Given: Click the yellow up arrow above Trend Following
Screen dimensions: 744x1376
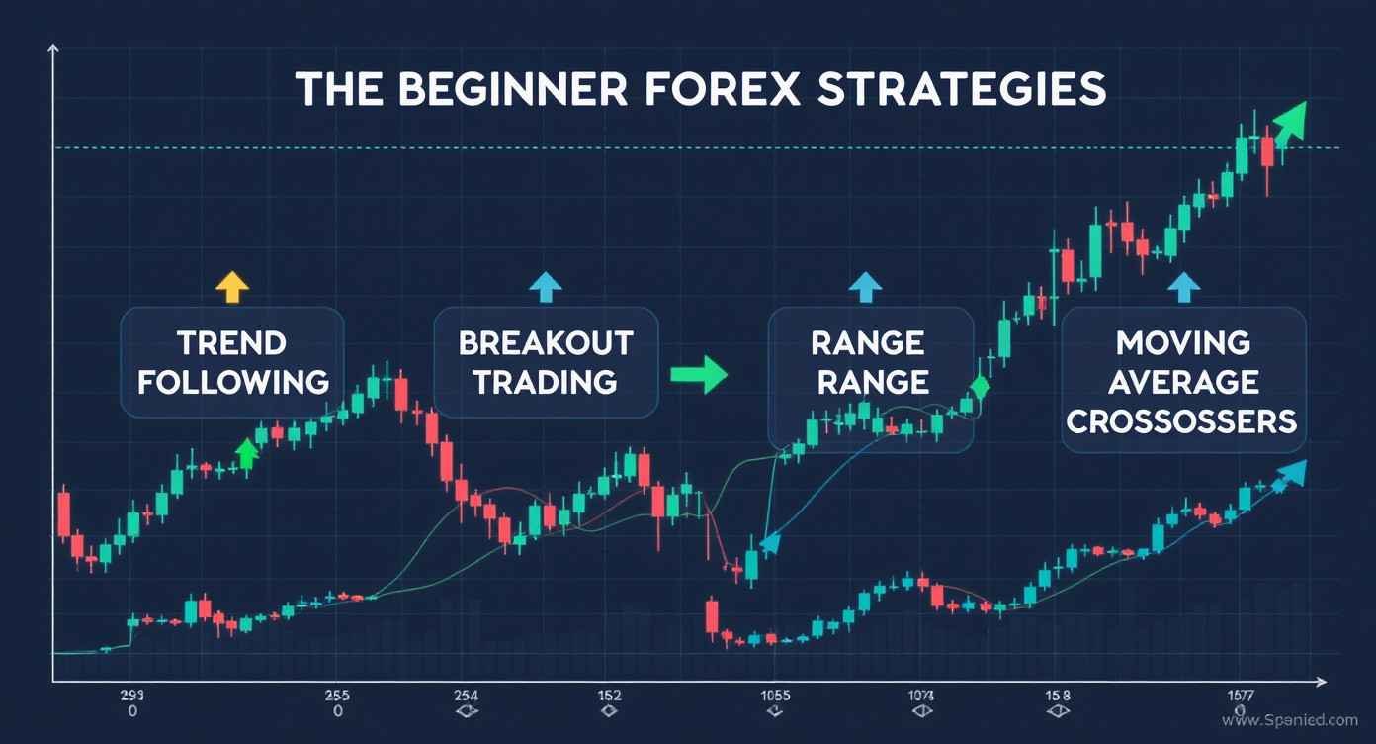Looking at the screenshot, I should pos(232,286).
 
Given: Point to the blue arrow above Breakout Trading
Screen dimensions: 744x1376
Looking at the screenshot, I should pos(545,286).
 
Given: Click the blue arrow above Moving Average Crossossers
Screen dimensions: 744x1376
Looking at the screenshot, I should pos(1183,286).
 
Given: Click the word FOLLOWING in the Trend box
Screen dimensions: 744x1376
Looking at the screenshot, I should pos(232,382).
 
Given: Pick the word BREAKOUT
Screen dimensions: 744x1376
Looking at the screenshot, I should pos(546,343).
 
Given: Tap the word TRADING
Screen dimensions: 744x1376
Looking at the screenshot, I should pos(546,382).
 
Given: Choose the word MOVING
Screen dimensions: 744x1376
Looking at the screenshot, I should pos(1182,343).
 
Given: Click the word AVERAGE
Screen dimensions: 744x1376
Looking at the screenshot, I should pos(1182,382).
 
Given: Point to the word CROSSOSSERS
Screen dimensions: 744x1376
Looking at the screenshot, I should pos(1182,421).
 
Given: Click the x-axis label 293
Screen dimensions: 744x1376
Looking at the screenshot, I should pos(131,695).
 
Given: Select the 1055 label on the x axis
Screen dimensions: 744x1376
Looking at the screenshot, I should pos(776,695).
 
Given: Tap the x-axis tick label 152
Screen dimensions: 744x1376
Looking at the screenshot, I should pos(609,695).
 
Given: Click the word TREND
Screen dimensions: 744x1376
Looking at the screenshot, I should pos(232,343).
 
